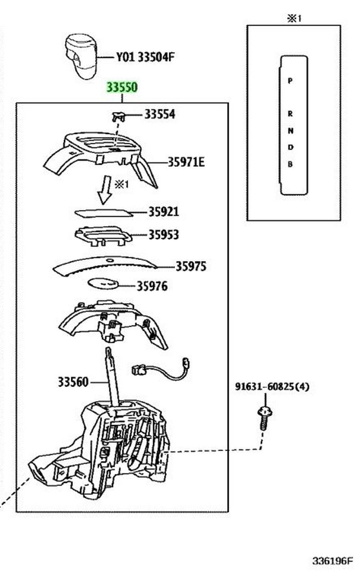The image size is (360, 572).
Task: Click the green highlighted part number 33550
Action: point(122,87)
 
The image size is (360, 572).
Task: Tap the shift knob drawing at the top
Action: point(82,56)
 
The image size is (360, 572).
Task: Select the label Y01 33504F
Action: point(145,57)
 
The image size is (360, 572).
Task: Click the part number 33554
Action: point(160,114)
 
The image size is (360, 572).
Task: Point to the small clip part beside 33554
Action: point(118,117)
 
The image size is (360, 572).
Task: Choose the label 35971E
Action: point(186,162)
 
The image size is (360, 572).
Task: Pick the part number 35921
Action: point(164,212)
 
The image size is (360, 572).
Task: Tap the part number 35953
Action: point(164,235)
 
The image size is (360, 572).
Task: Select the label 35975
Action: point(191,266)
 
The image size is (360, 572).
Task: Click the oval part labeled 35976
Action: point(104,284)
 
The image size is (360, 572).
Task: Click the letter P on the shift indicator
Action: point(290,81)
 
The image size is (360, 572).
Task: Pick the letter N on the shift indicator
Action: point(290,131)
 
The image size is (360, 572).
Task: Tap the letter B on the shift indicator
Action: point(290,164)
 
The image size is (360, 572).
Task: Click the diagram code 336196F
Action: point(333,561)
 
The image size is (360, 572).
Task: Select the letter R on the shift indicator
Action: point(290,114)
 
